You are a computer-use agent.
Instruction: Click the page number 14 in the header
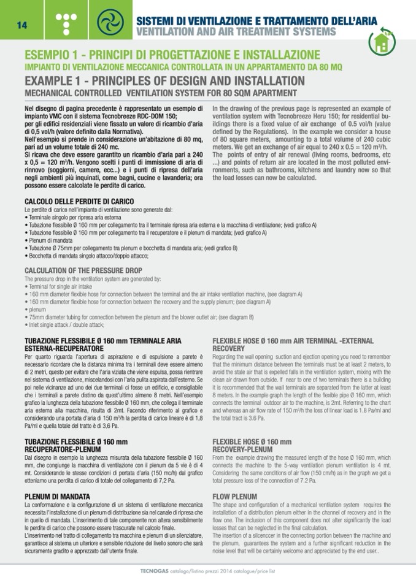[21, 24]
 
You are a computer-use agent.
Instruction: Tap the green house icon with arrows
[382, 42]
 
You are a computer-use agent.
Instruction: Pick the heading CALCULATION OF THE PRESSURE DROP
[83, 270]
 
